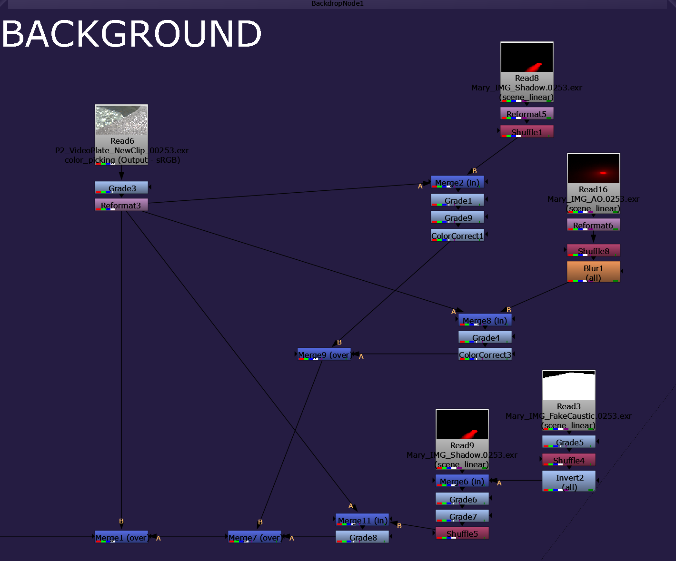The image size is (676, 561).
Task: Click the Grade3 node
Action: tap(121, 187)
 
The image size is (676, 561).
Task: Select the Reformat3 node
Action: tap(121, 205)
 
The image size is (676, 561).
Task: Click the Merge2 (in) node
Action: tap(457, 182)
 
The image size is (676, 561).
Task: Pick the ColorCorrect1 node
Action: tap(457, 235)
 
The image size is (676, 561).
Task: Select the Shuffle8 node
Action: tap(593, 250)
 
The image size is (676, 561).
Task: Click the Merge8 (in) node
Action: tap(485, 320)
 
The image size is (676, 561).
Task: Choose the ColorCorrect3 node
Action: tap(485, 354)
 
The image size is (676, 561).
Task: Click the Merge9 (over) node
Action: tap(324, 354)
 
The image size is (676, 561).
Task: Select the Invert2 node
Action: tap(569, 481)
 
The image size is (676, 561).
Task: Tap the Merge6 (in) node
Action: tap(462, 481)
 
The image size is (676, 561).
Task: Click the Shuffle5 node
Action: tap(462, 533)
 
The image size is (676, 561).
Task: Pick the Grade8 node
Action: tap(362, 537)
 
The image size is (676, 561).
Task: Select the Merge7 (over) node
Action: tap(255, 537)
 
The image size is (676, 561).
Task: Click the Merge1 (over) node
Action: tap(121, 537)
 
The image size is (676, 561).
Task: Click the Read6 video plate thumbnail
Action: tap(121, 119)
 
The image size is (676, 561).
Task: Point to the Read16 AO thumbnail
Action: tap(593, 168)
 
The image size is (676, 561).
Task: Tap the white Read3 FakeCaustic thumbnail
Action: tap(569, 385)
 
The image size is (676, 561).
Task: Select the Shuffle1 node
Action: tap(527, 131)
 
